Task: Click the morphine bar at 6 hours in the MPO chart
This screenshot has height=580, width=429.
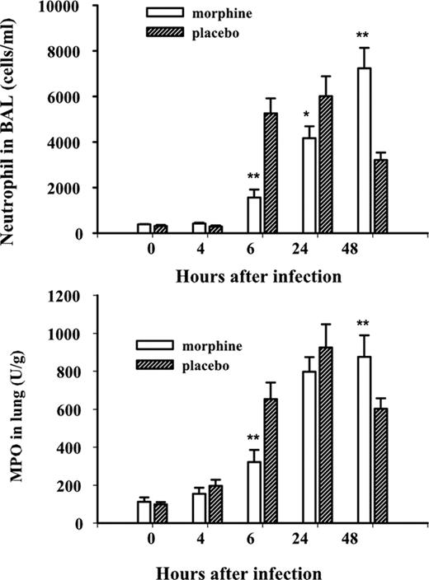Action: point(254,492)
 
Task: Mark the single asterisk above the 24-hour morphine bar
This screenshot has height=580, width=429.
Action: point(307,114)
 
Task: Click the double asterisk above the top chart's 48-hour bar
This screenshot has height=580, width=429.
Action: point(361,35)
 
